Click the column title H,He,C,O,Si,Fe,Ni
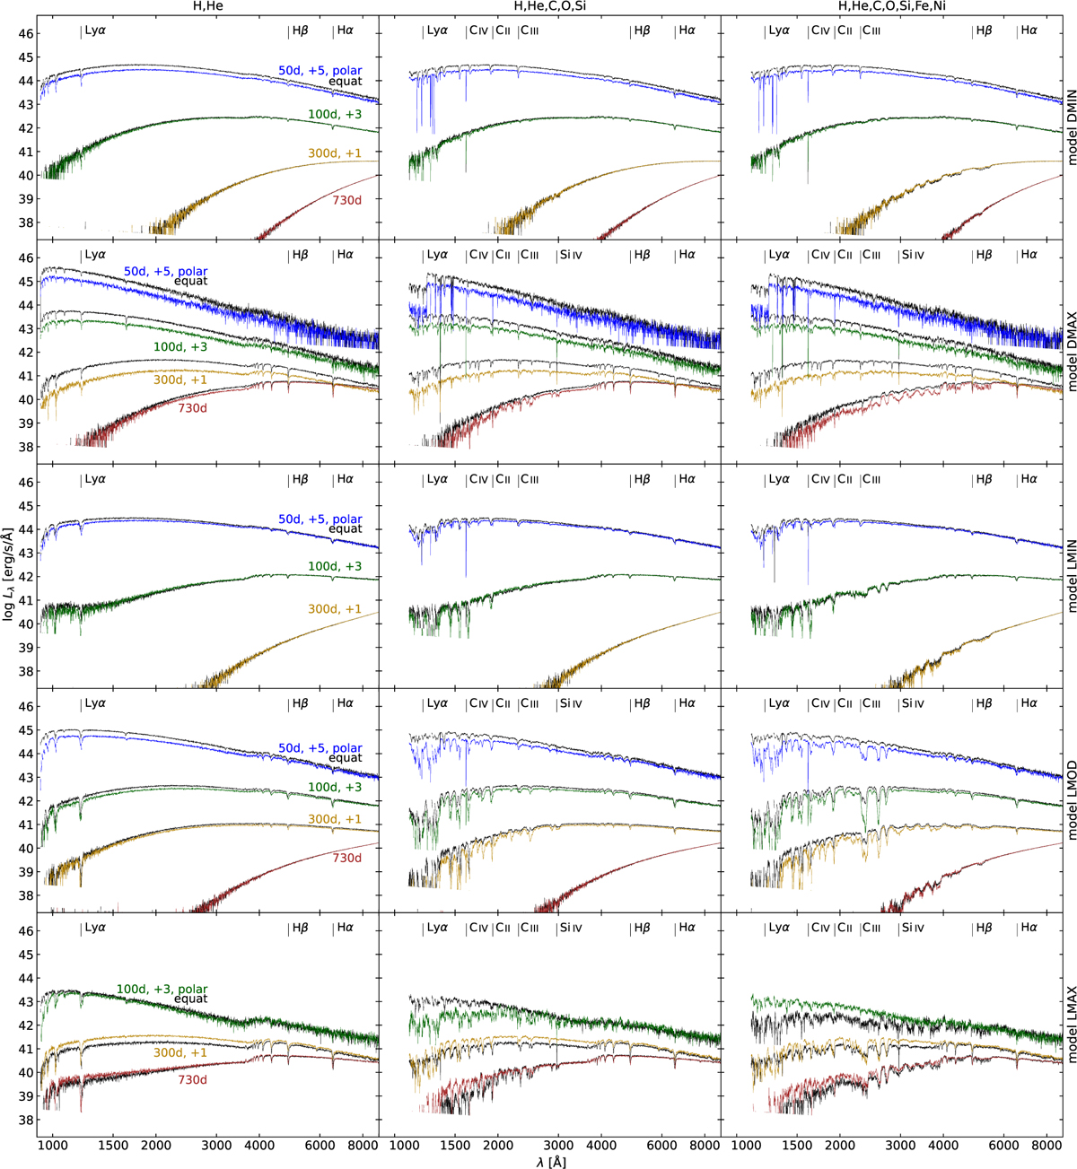pos(891,6)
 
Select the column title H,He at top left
pos(207,6)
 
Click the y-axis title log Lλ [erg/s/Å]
pos(7,574)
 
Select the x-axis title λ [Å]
pos(550,1162)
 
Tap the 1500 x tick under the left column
pos(113,1145)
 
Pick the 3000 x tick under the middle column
pos(558,1145)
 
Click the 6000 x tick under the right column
pos(1004,1145)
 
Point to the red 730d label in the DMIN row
pos(347,200)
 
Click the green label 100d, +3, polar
pos(162,989)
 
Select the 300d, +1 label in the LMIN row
pos(335,608)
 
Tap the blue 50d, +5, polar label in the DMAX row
pos(166,271)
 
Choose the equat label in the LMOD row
pos(346,757)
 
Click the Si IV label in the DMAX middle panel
pos(571,255)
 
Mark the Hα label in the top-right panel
pos(1029,31)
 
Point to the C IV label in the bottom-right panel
pos(820,927)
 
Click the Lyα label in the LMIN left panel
pos(95,479)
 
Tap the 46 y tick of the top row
pos(26,34)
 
